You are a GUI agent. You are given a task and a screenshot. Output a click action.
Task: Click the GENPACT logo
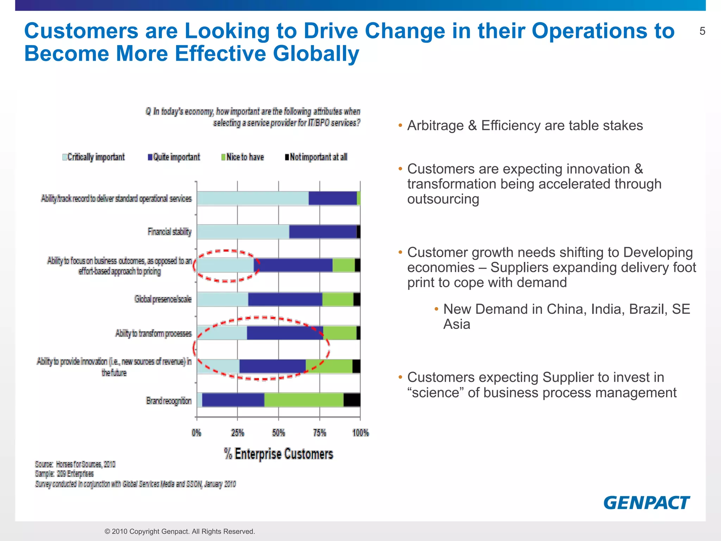click(646, 503)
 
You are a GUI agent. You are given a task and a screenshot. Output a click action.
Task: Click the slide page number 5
click(702, 31)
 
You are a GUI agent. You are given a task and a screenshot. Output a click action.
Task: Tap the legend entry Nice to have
click(243, 157)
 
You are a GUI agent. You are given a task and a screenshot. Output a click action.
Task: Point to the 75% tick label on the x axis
click(320, 433)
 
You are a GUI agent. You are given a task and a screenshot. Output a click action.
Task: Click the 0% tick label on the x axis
click(196, 433)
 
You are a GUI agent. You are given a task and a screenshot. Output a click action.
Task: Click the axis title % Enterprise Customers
click(278, 454)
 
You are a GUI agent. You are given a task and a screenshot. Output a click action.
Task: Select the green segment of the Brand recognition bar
click(303, 400)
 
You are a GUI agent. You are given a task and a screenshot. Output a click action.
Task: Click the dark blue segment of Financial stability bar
click(323, 232)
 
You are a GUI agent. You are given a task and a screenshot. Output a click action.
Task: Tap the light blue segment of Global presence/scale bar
click(222, 299)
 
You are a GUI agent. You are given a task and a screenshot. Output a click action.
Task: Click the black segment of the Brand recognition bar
click(352, 400)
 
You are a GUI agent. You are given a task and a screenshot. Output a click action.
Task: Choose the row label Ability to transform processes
click(153, 333)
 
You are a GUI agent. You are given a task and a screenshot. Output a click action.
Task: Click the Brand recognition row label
click(169, 401)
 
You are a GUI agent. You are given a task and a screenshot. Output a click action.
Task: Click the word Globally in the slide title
click(316, 54)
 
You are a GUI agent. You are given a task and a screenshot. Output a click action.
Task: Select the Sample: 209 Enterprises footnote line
click(64, 474)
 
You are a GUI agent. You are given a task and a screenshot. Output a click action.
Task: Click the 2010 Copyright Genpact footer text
click(180, 531)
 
